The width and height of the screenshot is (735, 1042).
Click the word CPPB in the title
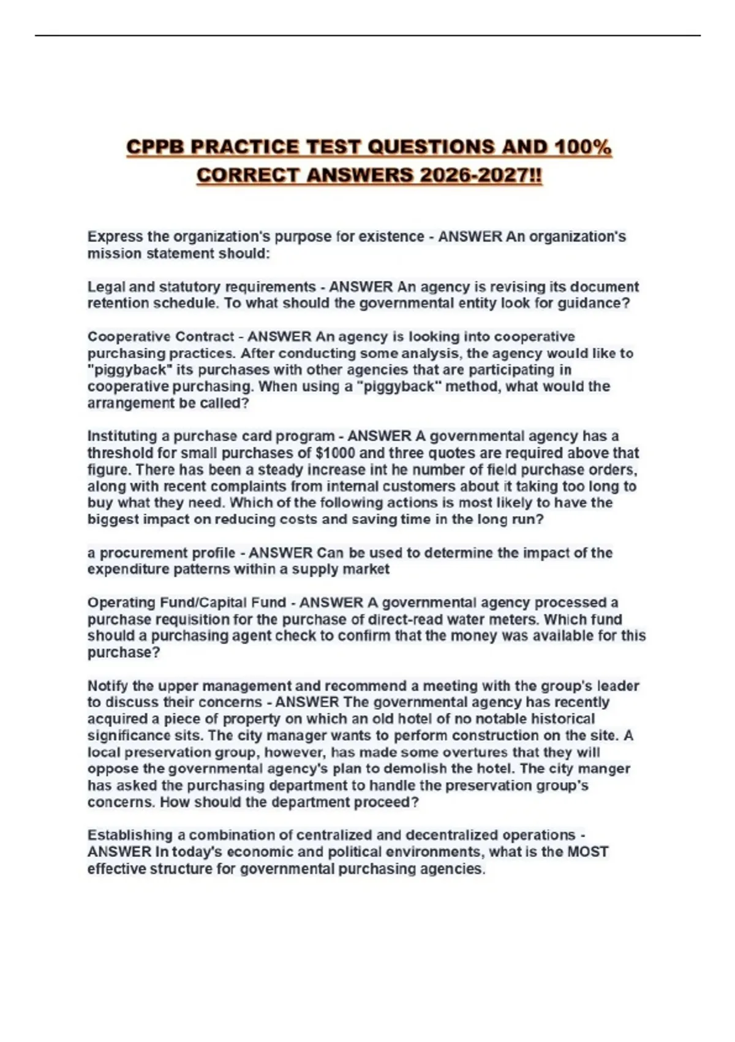[x=155, y=148]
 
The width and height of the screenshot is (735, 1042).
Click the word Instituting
[x=123, y=436]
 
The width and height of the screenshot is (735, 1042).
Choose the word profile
[x=206, y=553]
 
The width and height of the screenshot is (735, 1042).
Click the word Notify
[x=108, y=686]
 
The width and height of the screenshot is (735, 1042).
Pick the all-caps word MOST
[x=587, y=852]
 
